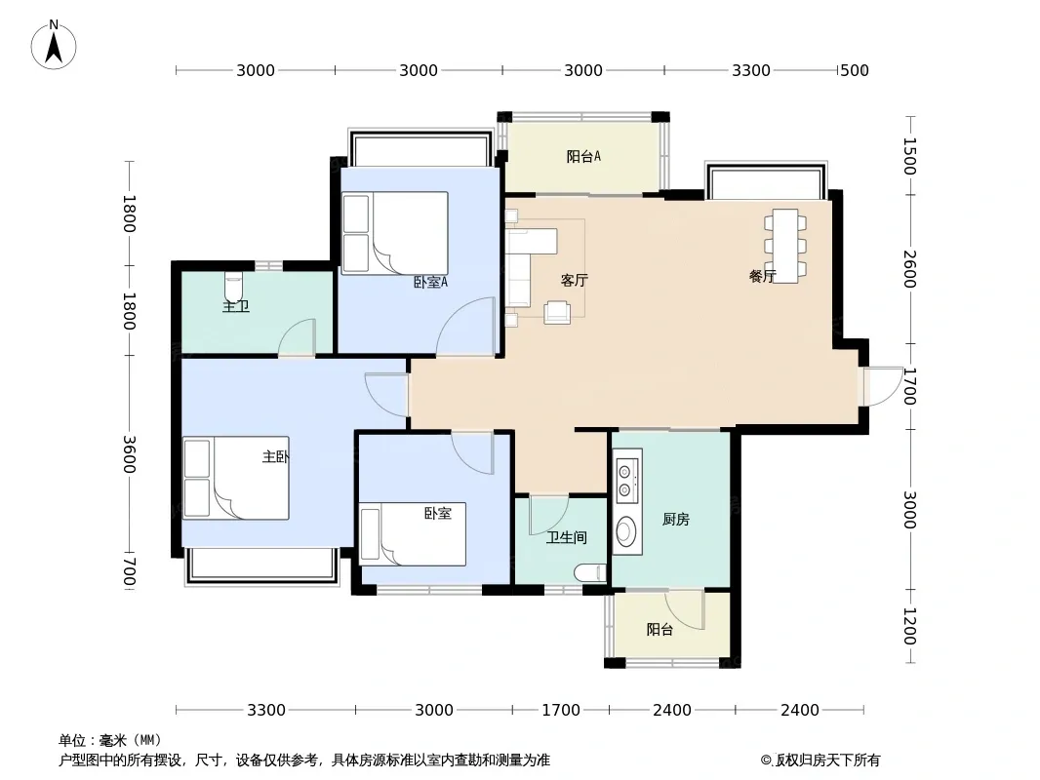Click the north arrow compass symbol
point(54,45)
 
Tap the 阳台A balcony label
point(583,156)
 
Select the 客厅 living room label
point(574,281)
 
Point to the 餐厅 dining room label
point(762,276)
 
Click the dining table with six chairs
point(785,246)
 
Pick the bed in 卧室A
point(395,233)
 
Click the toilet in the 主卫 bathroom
point(234,287)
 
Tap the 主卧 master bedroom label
point(275,456)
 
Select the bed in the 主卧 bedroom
point(235,478)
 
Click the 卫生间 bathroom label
point(567,537)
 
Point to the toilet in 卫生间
point(590,572)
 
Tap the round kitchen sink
point(625,530)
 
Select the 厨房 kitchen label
point(675,520)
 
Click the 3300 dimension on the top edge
point(751,70)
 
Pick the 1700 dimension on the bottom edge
point(561,711)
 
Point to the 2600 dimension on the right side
point(909,269)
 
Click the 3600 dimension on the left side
point(129,454)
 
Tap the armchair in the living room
point(557,312)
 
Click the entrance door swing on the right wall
point(882,386)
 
